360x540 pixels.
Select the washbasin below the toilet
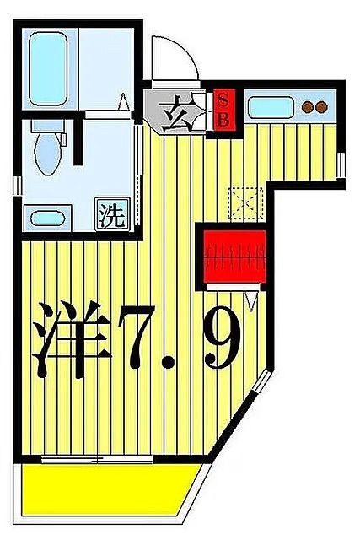pyautogui.click(x=49, y=219)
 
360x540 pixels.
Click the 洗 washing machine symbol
pyautogui.click(x=112, y=214)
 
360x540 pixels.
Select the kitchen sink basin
pyautogui.click(x=270, y=107)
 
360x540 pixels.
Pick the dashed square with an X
pyautogui.click(x=247, y=202)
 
